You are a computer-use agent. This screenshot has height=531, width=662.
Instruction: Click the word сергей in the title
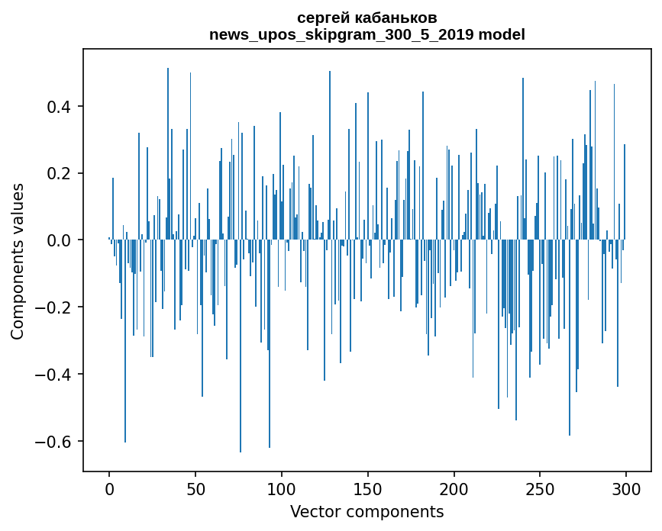point(322,18)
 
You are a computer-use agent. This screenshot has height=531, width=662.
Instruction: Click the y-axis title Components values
point(18,261)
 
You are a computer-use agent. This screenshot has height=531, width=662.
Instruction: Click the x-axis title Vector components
point(367,511)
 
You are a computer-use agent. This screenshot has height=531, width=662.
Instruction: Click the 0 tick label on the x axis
point(109,488)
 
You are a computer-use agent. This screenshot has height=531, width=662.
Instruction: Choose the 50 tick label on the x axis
point(195,488)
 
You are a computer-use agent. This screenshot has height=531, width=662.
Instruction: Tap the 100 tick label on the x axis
point(282,488)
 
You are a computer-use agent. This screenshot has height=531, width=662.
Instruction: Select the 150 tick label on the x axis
point(368,488)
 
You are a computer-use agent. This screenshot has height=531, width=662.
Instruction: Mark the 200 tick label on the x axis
point(454,488)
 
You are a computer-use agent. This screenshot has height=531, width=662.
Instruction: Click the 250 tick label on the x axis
point(540,488)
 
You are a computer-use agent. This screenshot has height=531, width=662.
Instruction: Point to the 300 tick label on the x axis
point(626,488)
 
